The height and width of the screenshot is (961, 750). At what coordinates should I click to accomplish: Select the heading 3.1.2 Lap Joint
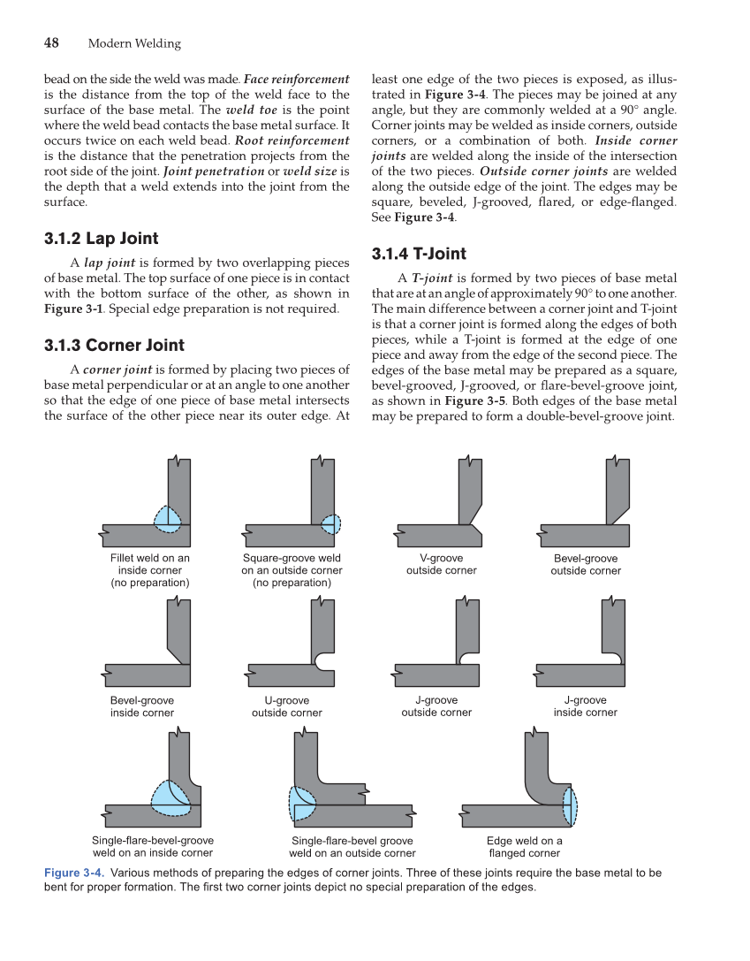102,238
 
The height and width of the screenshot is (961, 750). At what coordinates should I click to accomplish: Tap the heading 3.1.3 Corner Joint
114,345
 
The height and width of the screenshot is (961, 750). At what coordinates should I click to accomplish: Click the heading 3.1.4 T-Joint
419,254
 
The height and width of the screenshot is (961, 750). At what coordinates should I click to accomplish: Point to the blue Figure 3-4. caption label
74,873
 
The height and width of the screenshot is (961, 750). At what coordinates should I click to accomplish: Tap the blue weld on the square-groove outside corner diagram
330,524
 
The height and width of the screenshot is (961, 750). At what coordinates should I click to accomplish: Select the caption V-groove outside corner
441,564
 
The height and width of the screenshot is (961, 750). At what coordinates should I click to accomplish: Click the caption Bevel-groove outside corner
586,564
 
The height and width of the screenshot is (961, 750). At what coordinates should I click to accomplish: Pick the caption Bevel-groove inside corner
142,706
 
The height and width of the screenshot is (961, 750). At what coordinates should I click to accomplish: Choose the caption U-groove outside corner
286,706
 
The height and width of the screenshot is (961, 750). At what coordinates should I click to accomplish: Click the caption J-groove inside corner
585,706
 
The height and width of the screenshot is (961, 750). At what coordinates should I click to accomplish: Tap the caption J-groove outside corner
436,706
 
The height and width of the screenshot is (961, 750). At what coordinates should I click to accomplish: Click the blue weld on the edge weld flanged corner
570,804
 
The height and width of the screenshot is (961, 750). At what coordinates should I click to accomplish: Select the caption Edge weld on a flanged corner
525,847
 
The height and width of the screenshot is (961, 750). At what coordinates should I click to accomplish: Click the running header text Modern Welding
134,43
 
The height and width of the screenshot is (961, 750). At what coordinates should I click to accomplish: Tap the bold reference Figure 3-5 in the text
476,400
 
